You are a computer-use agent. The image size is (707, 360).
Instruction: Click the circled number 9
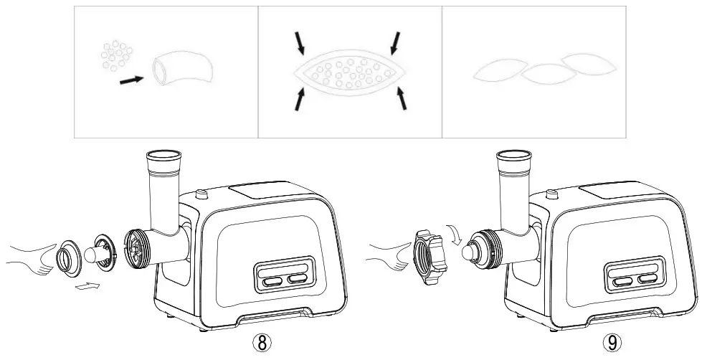610,342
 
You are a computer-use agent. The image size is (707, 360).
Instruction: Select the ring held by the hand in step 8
71,256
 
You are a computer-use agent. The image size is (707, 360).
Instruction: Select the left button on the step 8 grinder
272,281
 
